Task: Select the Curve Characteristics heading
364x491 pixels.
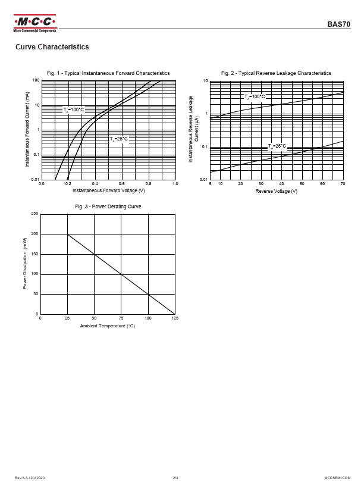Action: pos(52,47)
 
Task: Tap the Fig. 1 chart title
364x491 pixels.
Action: pos(108,73)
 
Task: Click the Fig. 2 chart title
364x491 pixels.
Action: pos(276,73)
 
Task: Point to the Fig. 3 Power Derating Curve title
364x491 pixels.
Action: pos(108,207)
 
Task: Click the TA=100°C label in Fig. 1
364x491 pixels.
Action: pos(74,110)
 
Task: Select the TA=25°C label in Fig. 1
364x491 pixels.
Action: pos(118,139)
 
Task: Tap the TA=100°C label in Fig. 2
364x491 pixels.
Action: pos(255,96)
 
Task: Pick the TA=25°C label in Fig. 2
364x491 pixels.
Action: pos(277,146)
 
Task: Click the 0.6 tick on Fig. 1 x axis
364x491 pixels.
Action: pos(121,184)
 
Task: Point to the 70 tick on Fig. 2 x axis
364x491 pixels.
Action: pos(343,184)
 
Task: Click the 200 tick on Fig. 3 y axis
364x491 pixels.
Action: pos(34,234)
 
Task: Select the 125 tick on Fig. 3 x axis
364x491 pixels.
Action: pos(175,319)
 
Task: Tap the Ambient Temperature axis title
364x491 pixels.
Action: pos(108,326)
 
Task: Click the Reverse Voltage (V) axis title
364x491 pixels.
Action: pos(277,191)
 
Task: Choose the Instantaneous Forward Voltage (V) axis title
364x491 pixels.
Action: pos(108,191)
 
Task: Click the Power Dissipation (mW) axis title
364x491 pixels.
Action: pos(26,263)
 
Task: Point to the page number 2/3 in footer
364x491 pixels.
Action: pos(175,478)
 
